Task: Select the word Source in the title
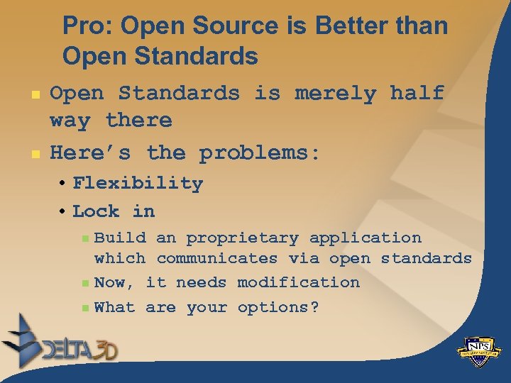(x=221, y=26)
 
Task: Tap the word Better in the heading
(x=356, y=26)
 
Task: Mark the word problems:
(x=260, y=152)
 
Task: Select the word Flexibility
(x=138, y=183)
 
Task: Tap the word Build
(x=120, y=238)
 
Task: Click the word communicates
(x=216, y=259)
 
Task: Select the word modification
(x=299, y=282)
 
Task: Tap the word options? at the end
(x=278, y=308)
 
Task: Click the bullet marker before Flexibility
(x=64, y=184)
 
